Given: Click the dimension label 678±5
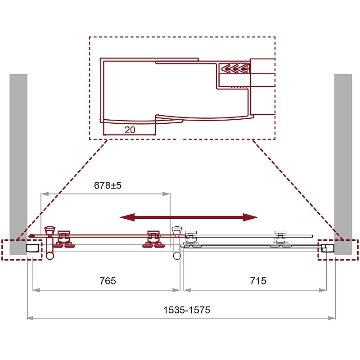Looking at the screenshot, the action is [108, 185].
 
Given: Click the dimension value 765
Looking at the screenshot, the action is [108, 281].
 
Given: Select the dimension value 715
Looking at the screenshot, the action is [258, 281].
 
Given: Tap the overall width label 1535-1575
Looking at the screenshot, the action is [187, 310].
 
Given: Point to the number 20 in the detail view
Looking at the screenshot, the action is [130, 130].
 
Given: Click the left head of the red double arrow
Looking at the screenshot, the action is [127, 217].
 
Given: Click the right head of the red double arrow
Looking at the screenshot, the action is [251, 217].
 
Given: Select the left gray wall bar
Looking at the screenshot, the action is [18, 164].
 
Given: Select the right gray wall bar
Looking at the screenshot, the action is [343, 164].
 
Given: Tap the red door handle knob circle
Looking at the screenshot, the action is [50, 256].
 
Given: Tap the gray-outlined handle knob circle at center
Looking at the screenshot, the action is [177, 256].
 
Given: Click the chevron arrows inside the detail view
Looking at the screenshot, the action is [235, 68].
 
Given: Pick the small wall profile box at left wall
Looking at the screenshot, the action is [32, 248].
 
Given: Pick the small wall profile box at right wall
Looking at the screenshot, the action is [327, 248].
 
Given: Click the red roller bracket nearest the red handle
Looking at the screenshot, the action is [63, 239].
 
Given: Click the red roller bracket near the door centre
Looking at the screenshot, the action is [153, 239].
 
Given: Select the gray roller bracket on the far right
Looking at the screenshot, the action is [280, 239].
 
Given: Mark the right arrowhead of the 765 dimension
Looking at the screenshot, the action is [176, 290].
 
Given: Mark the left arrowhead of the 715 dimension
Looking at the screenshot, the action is [188, 290].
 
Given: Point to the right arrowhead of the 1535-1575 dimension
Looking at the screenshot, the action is [332, 318].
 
